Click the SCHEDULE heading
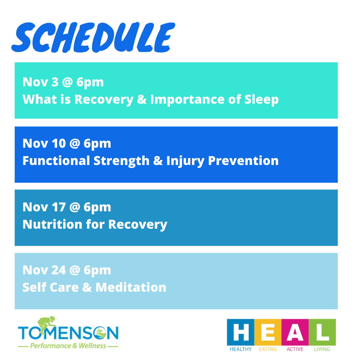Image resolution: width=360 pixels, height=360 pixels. (x=93, y=37)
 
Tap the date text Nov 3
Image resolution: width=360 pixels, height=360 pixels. (x=41, y=82)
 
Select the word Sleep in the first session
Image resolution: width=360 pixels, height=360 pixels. (x=261, y=100)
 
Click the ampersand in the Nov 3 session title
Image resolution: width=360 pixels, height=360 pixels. (x=142, y=99)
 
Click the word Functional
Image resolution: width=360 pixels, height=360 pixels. (x=56, y=160)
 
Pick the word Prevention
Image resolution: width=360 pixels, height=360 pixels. (x=243, y=160)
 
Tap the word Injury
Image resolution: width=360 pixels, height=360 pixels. (x=185, y=161)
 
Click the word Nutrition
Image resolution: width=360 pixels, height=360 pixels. (x=52, y=224)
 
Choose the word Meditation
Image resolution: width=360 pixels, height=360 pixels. (x=131, y=287)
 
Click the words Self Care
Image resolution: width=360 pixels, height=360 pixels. (x=51, y=287)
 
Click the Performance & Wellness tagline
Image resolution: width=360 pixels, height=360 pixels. (x=68, y=346)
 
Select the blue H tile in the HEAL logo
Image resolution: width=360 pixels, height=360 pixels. (x=240, y=332)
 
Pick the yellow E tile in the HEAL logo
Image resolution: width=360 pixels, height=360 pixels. (x=268, y=332)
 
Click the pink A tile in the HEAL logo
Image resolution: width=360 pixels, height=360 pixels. (x=295, y=332)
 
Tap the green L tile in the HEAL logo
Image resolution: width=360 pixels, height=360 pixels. (x=322, y=332)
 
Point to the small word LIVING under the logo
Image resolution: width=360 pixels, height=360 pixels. (x=322, y=349)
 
